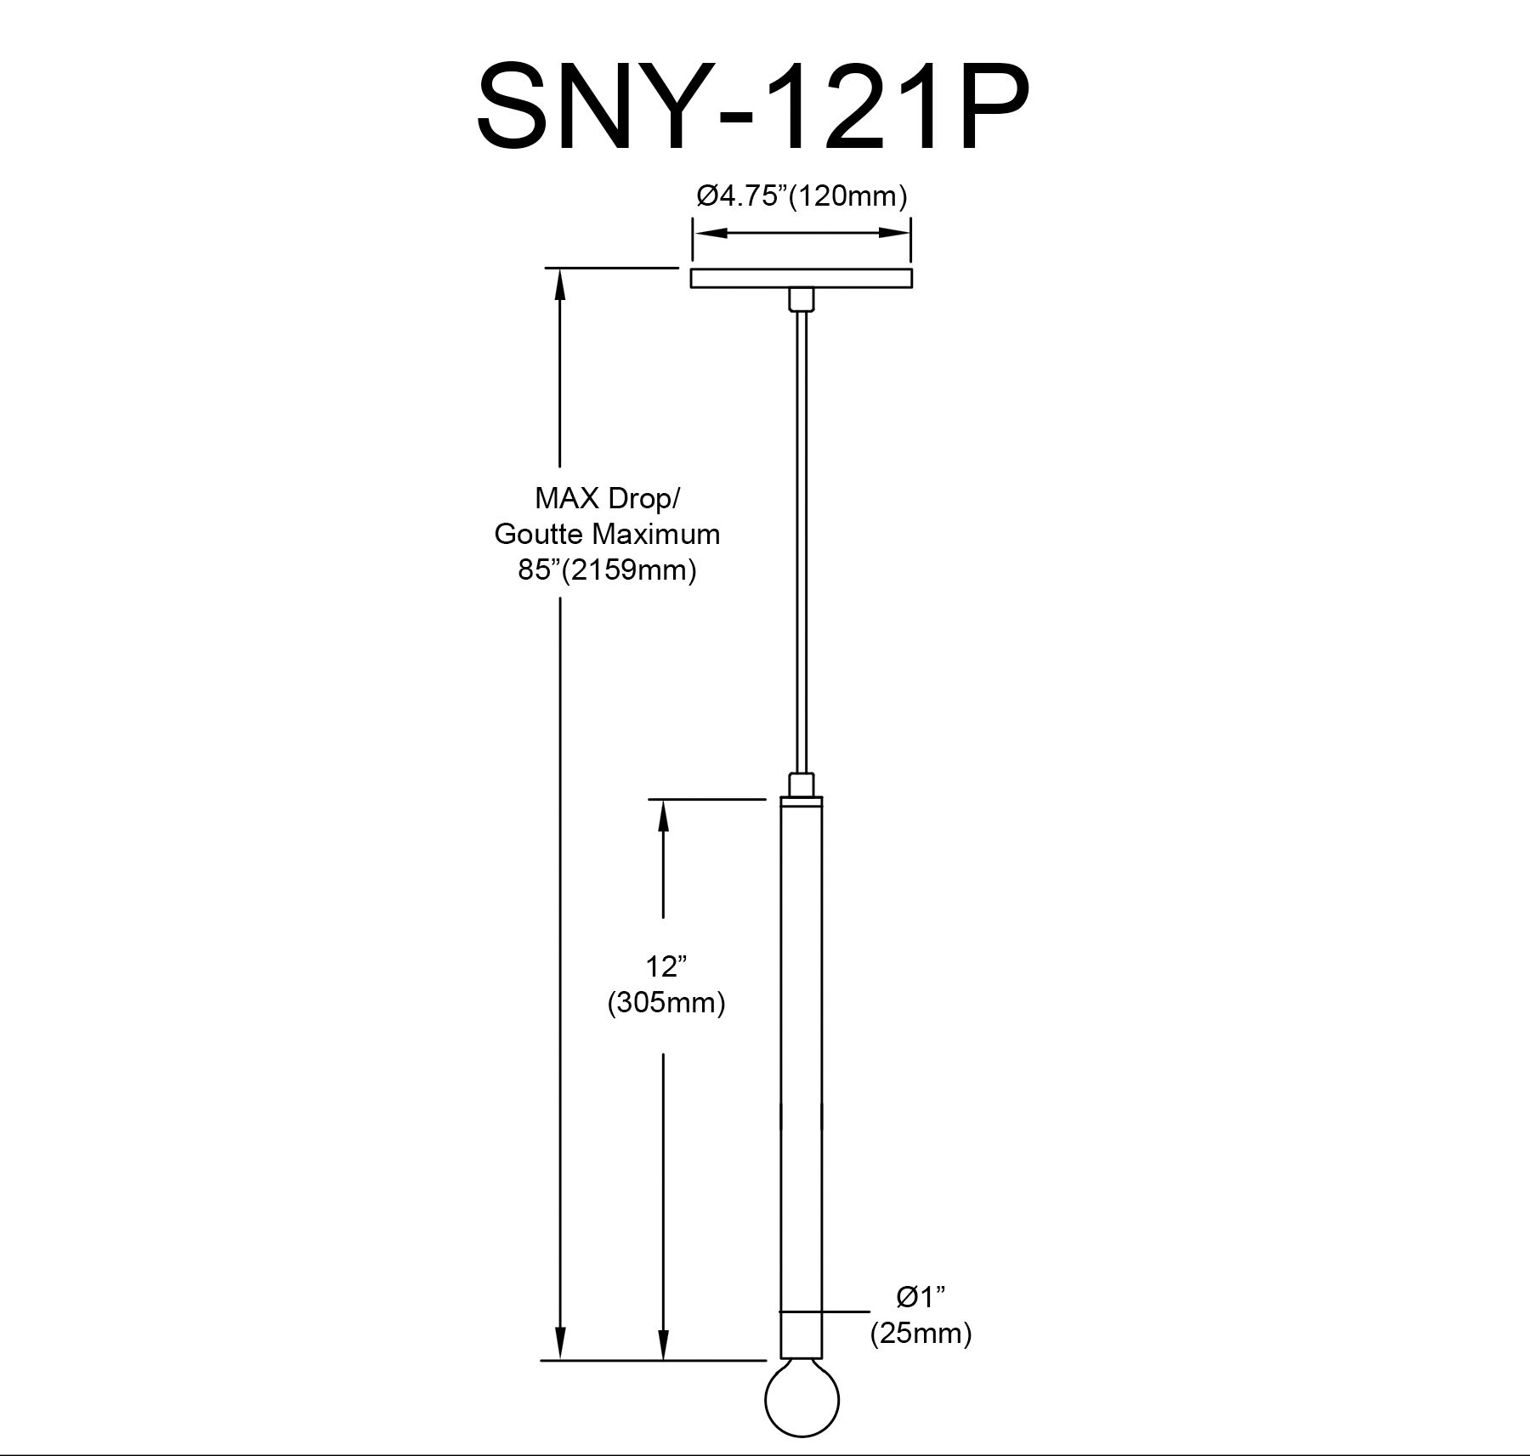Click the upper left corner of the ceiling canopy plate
coord(691,269)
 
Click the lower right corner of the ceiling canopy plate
coord(912,288)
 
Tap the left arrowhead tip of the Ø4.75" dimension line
coord(694,232)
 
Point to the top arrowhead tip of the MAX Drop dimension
coord(559,269)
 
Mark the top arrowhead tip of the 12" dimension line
coord(663,800)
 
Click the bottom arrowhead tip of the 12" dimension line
coord(663,1384)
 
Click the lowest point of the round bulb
coord(802,1436)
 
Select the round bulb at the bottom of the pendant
coord(802,1409)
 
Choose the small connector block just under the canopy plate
coord(802,298)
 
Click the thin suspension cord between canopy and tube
coord(802,541)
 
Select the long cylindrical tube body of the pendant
coord(802,1090)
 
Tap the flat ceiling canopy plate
coord(802,279)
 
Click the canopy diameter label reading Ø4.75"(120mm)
coord(802,196)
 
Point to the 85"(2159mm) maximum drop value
coord(607,569)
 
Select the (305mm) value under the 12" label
coord(666,1004)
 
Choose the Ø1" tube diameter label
coord(921,1298)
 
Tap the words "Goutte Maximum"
coord(607,534)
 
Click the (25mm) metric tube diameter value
coord(921,1334)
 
